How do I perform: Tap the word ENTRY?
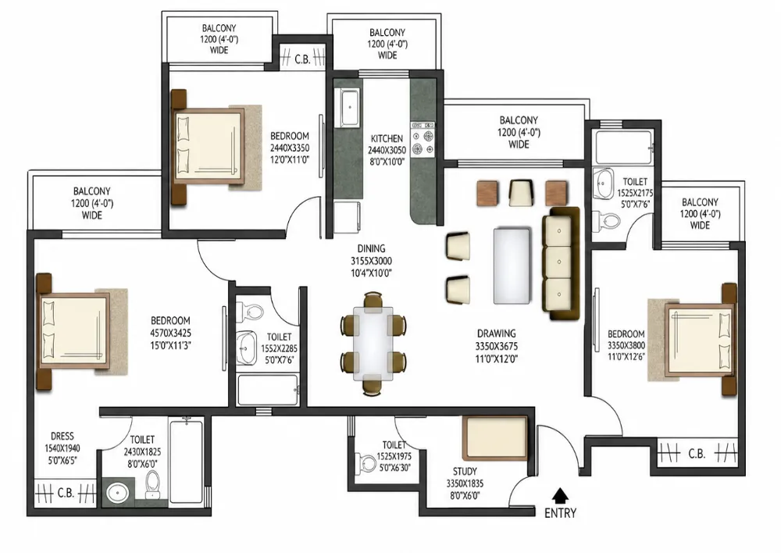560,513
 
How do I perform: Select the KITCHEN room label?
387,138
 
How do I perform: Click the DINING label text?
371,248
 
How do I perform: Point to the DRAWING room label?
497,334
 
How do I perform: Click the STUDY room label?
465,471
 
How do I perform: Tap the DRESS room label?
62,437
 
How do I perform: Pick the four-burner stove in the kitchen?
423,141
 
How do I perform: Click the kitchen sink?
350,107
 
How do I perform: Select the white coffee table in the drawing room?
512,266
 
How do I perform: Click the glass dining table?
373,344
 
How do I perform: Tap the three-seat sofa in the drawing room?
561,263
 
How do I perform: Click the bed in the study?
494,438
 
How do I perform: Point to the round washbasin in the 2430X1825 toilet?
118,493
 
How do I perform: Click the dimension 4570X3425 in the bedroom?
170,334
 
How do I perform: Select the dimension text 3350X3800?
626,346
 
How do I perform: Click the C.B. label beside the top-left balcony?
302,59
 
